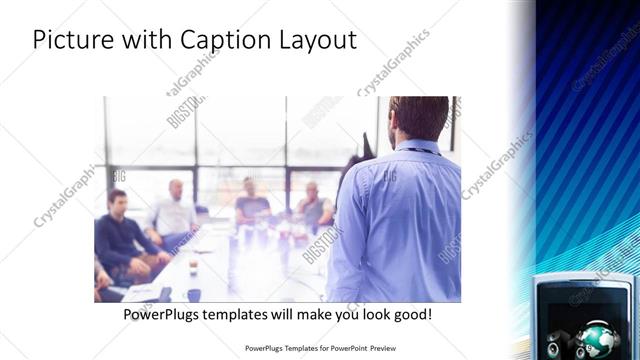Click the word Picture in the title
[x=70, y=41]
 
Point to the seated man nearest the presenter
[x=313, y=204]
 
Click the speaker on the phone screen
[x=560, y=337]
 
